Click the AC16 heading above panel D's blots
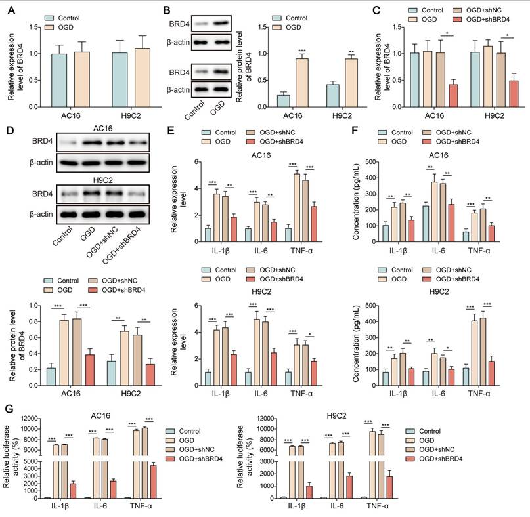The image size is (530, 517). point(102,129)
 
